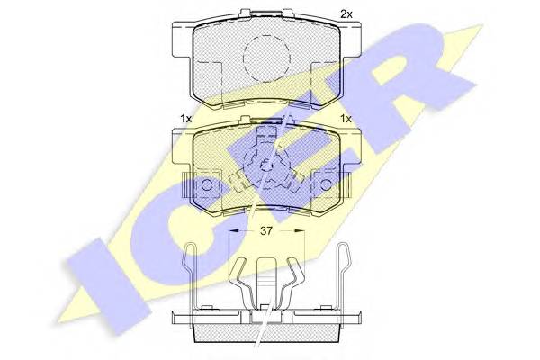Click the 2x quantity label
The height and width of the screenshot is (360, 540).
point(346,14)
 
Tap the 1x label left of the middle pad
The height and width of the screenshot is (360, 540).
point(186,119)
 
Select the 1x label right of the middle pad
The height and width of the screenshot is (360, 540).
point(346,119)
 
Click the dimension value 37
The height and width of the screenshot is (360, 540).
point(266,230)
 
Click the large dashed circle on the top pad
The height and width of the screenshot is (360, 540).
point(266,58)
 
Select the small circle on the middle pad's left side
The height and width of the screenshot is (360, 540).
point(207,185)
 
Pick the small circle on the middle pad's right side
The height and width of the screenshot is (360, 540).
point(326,185)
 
